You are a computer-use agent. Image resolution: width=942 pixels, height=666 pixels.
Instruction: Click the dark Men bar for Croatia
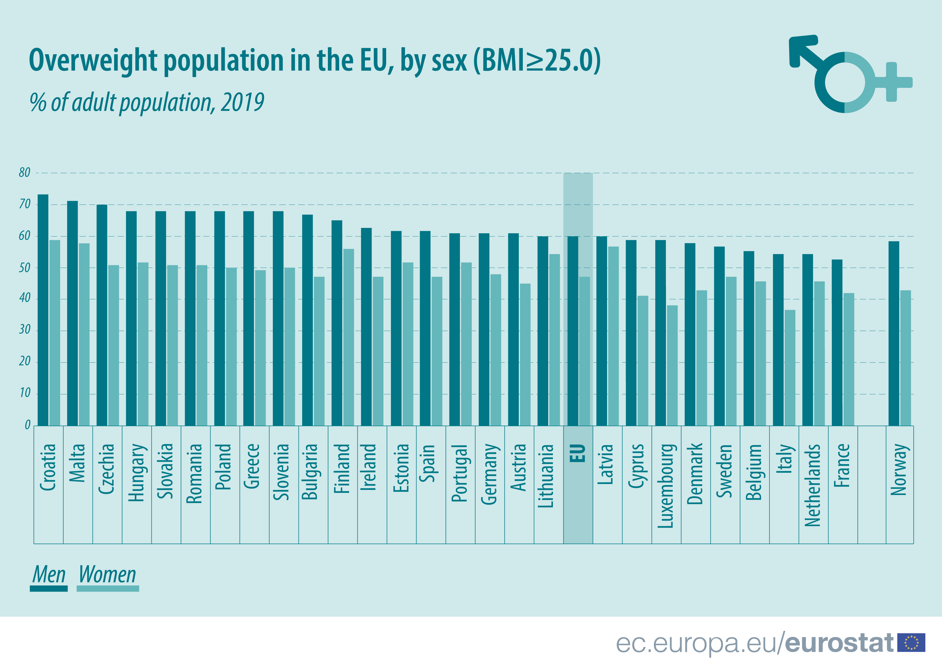click(x=43, y=310)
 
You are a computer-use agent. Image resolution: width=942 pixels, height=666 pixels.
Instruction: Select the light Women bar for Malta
click(x=84, y=334)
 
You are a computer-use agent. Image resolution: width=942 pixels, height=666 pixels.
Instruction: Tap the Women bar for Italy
click(x=790, y=367)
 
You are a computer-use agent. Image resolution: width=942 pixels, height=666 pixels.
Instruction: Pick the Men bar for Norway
click(x=894, y=333)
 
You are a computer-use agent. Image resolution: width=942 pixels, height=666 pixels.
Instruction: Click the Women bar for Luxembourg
click(x=672, y=365)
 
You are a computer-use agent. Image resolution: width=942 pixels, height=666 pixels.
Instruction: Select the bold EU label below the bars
click(x=578, y=453)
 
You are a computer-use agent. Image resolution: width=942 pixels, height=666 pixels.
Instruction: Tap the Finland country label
click(x=342, y=468)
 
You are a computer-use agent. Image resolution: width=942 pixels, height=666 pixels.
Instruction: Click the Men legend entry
click(x=49, y=576)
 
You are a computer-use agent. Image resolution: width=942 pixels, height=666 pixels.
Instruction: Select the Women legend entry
click(x=107, y=576)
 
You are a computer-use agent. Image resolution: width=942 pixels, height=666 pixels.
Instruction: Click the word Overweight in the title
click(x=93, y=61)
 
